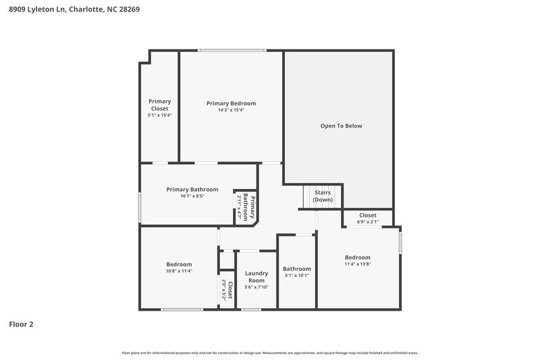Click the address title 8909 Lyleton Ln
point(74,10)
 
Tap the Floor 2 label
point(21,324)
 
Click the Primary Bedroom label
point(231,103)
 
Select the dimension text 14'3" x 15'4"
point(231,110)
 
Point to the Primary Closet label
point(159,105)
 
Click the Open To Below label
point(341,126)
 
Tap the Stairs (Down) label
point(323,196)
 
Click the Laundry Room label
point(256,277)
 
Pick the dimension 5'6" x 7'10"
point(256,287)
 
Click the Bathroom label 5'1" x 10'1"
point(296,269)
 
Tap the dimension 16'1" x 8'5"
point(192,197)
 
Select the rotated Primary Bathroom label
point(250,207)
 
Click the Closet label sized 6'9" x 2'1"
point(368,215)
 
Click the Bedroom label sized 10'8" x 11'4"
point(179,264)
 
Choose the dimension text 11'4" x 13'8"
point(357,264)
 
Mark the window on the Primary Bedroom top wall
point(231,50)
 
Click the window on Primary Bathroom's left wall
point(140,207)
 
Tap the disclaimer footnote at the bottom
point(269,353)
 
